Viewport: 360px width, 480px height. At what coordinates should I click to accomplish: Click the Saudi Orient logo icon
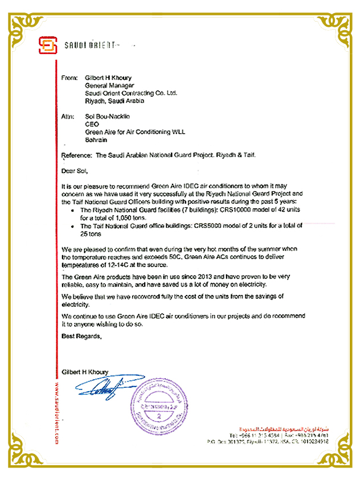point(48,44)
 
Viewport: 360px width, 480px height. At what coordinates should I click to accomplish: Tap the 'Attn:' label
point(67,116)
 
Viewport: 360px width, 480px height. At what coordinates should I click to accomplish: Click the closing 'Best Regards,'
point(81,337)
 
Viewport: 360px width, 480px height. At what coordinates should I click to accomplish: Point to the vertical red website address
point(57,410)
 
